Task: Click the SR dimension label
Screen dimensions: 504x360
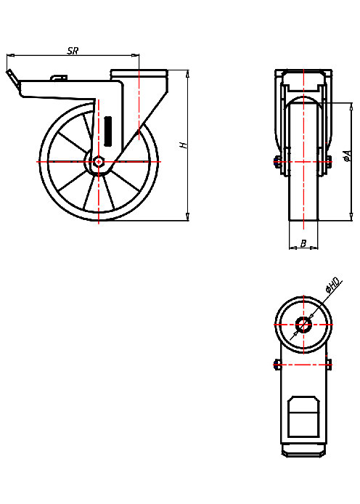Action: (72, 50)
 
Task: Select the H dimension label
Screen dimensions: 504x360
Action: (184, 145)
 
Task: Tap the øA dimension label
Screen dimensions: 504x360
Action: (348, 155)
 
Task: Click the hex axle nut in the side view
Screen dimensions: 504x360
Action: (98, 162)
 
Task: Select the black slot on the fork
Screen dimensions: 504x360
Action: (110, 130)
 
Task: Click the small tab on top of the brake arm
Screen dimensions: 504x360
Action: (58, 77)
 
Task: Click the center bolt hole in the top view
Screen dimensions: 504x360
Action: (303, 324)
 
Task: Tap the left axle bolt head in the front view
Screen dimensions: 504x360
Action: (277, 162)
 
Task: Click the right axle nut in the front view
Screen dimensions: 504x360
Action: (330, 162)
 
